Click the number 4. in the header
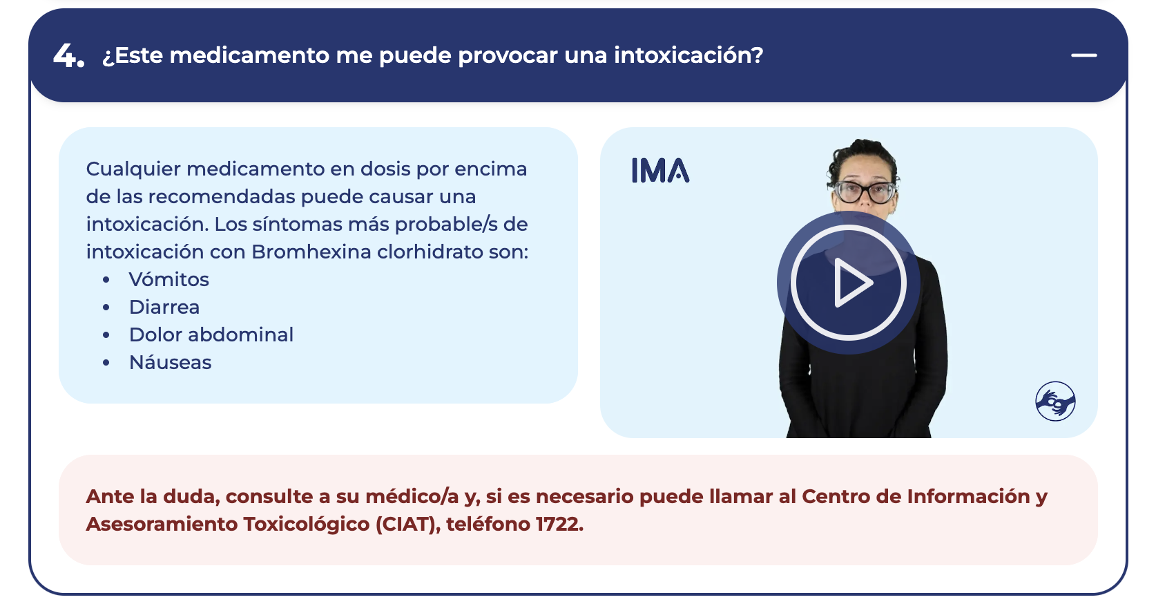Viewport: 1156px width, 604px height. point(68,55)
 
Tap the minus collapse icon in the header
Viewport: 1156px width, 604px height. point(1083,55)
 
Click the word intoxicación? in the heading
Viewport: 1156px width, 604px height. point(688,55)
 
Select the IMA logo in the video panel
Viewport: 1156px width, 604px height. point(661,171)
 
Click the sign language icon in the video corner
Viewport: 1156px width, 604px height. point(1055,401)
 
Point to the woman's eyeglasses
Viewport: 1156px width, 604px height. point(865,192)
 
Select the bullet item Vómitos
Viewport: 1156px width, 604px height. point(168,279)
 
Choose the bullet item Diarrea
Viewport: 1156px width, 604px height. point(164,307)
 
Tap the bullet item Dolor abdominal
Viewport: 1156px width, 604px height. point(211,334)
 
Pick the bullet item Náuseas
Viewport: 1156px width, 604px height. point(171,362)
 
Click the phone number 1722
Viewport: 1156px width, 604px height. point(559,524)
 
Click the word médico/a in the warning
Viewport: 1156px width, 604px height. point(412,497)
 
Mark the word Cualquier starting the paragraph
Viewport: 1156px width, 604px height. point(133,169)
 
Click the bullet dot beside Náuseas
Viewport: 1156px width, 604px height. point(106,362)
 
